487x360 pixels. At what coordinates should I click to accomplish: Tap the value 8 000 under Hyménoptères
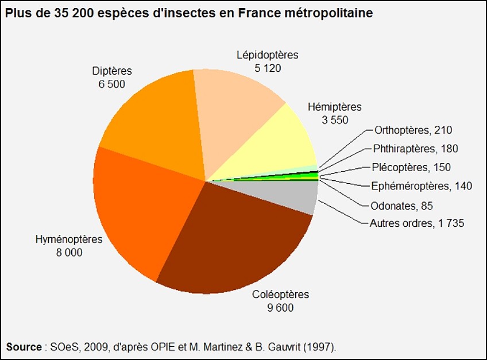pos(68,252)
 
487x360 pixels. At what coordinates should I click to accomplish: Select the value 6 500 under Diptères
pos(111,84)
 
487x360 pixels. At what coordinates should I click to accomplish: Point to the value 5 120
pos(268,68)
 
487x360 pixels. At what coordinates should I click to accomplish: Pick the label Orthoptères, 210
pos(413,130)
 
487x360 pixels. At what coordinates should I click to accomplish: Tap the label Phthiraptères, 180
pos(415,149)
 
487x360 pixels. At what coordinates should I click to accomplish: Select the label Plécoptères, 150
pos(411,168)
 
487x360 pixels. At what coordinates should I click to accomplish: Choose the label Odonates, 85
pos(402,205)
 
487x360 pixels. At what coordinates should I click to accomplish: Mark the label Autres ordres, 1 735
pos(416,223)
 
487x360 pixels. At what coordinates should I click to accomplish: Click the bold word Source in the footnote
pos(24,347)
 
